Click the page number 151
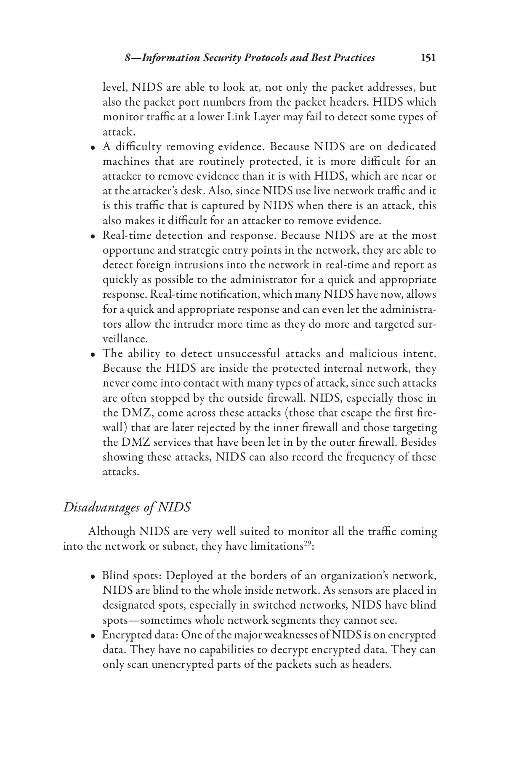click(428, 58)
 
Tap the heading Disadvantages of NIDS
click(127, 507)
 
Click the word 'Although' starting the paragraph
click(112, 532)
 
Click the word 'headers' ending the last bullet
click(372, 664)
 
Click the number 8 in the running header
click(128, 58)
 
